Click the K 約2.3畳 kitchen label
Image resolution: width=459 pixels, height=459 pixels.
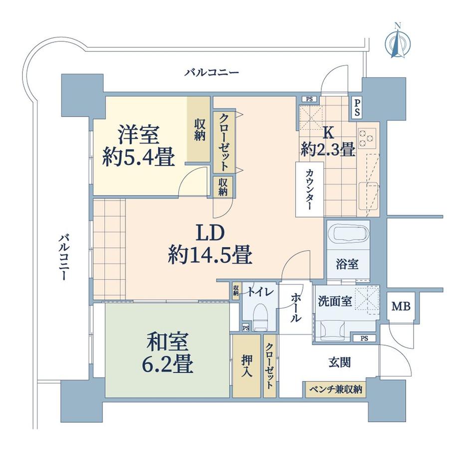click(x=328, y=141)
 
